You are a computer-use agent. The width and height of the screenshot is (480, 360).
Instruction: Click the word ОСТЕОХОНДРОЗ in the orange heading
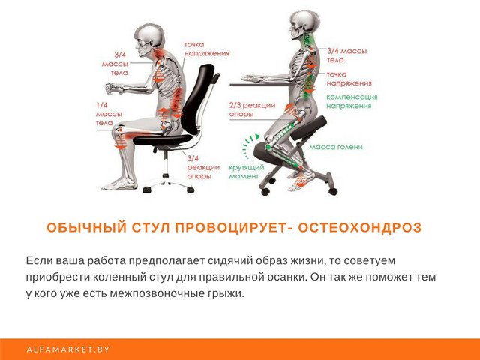point(360,228)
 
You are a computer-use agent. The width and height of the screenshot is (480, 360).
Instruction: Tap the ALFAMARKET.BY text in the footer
point(68,349)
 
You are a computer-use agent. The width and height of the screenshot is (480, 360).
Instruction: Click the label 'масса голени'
point(336,147)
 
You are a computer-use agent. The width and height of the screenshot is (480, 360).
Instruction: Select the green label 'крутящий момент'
point(247,172)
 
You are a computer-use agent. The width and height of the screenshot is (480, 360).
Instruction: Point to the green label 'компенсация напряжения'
point(352,101)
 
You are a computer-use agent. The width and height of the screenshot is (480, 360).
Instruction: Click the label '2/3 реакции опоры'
point(252,109)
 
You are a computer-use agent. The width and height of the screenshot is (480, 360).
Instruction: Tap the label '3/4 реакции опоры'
point(203,167)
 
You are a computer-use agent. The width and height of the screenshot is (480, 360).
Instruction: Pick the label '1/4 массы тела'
point(109,114)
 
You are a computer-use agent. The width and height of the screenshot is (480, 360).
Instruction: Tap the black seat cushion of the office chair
point(163,140)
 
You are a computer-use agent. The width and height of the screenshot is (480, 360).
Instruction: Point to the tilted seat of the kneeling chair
point(308,128)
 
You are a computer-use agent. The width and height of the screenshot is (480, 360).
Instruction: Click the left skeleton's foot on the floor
point(118,184)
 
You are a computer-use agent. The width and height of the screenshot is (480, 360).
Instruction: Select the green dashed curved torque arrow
point(248,146)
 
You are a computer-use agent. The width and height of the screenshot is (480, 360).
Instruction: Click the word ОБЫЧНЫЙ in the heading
point(87,228)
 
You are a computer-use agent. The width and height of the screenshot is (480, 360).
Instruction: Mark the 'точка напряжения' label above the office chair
point(207,49)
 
